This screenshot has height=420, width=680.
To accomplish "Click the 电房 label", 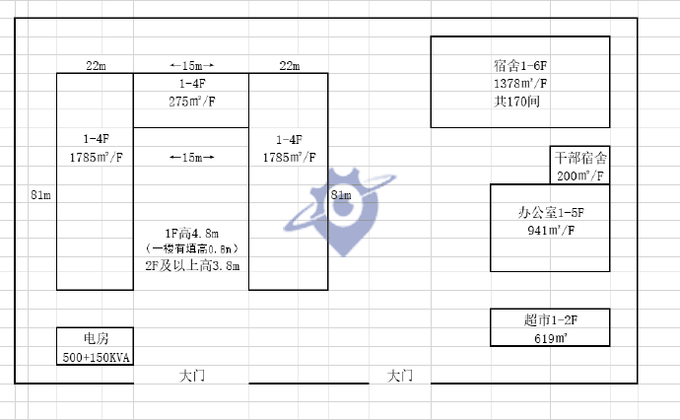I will tap(95, 338).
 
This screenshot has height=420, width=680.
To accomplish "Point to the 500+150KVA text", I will tap(95, 356).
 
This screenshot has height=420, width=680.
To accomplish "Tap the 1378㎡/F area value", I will tap(520, 85).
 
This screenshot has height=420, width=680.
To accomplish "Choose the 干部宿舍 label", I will tap(579, 158).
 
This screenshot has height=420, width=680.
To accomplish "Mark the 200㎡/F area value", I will tap(579, 175).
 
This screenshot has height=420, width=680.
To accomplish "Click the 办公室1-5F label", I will tap(551, 213).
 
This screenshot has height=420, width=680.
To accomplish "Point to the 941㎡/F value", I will tap(551, 231).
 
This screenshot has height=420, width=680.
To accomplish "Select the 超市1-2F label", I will tap(551, 320).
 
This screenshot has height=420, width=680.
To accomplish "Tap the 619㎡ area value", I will tap(550, 338).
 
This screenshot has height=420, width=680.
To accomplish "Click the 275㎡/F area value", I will tap(191, 102).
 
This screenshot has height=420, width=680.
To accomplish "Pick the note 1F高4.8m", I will tap(191, 233).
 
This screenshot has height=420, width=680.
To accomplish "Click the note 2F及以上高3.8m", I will tap(191, 266).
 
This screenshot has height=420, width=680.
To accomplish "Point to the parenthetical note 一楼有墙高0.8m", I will tap(191, 249).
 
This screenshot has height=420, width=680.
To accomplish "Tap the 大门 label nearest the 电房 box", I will tap(192, 376).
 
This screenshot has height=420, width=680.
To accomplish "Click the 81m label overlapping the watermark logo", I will tap(340, 195).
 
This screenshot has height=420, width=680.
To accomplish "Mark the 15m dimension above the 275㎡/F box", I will tap(191, 66).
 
